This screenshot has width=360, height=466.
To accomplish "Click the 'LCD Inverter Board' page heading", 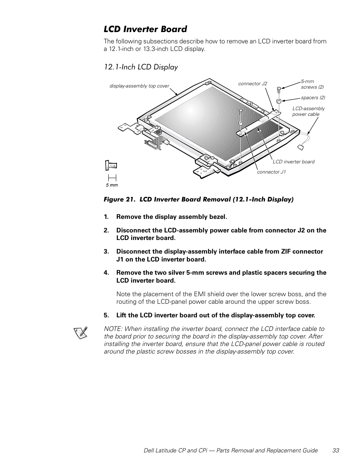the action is point(145,29).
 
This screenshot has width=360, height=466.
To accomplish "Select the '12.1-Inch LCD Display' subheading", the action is point(141,67).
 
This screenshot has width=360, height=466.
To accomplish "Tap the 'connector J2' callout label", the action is point(252,84).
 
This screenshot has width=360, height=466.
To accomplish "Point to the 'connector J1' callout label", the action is point(271,172).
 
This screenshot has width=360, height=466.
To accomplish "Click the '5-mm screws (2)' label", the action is point(312,84).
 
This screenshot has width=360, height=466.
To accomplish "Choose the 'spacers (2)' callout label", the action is point(313,98).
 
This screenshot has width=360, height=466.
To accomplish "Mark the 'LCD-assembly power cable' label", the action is point(309,111).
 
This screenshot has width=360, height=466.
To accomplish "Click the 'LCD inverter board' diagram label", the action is point(294,162).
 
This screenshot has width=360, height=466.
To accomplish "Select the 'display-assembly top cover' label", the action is point(139,86).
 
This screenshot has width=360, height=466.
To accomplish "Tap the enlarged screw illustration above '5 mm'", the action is point(111,165).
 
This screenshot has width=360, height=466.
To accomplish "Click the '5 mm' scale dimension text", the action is point(112,185).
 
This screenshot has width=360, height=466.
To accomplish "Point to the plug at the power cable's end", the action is point(301,148).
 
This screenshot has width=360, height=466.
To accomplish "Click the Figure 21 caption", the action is point(198,200).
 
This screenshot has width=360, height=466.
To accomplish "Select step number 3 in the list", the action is point(106,251).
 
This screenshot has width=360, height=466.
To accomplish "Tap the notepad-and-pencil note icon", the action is point(81,332).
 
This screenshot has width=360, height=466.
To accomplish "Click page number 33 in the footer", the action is point(336,451).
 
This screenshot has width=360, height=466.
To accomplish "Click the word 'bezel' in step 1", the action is point(218,217).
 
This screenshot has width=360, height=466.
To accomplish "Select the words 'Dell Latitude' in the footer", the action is point(160,451).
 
